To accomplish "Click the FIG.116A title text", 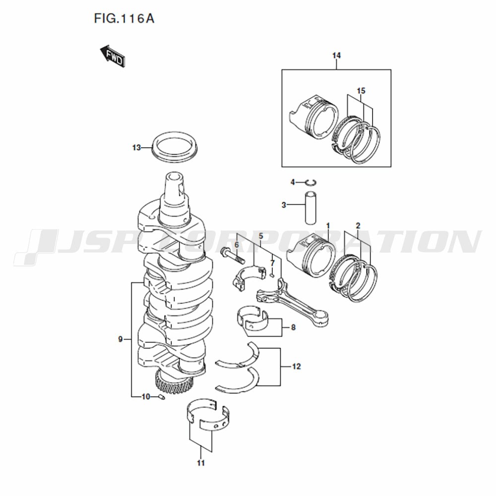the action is click(124, 19).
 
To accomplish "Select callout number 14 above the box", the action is click(337, 56).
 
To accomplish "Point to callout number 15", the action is click(361, 91).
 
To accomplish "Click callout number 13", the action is click(136, 148).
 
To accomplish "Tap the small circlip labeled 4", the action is click(311, 182).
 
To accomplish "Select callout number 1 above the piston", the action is click(328, 226).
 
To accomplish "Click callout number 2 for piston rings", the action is click(358, 226).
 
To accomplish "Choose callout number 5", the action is click(261, 236).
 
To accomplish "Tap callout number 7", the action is click(272, 263).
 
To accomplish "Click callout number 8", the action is click(293, 327).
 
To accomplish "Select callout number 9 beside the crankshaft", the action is click(120, 339).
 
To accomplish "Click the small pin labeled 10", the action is click(161, 397).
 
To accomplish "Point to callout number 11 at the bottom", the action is click(201, 463).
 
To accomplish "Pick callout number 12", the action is click(297, 367).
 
